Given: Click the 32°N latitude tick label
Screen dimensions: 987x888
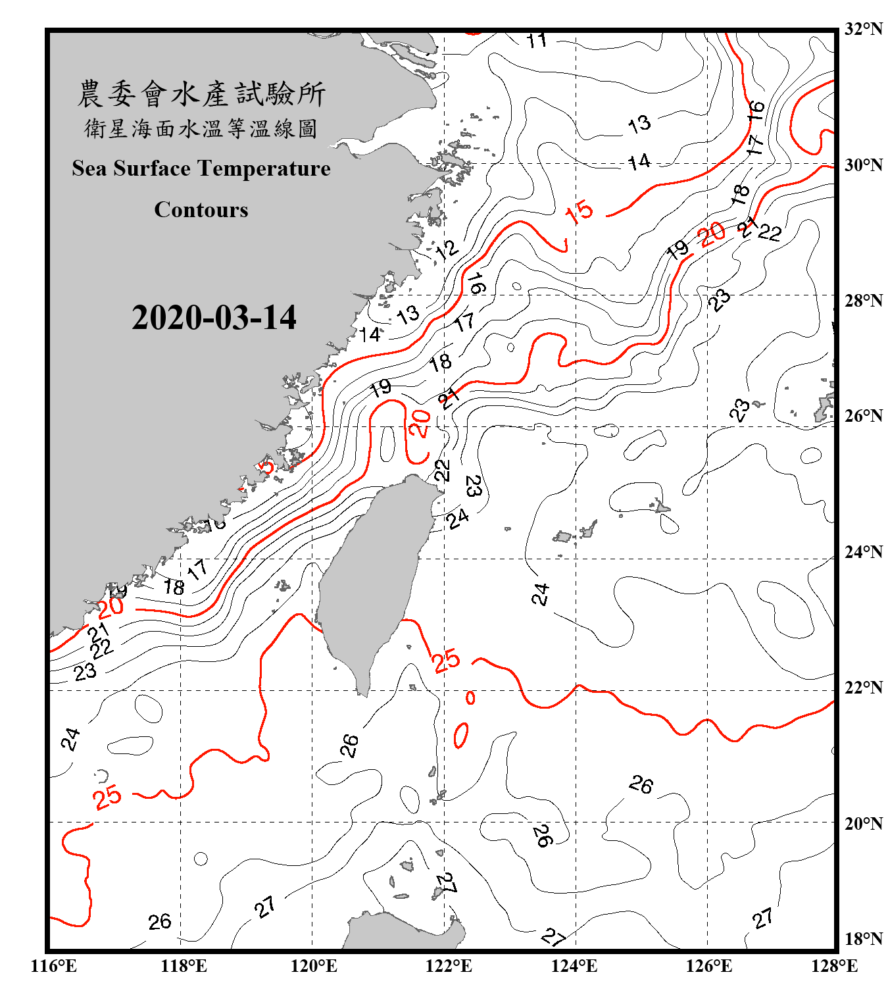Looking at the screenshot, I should coord(863,29).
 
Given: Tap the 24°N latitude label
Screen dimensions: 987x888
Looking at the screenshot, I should coord(863,552).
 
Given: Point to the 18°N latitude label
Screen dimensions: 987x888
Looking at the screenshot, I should coord(863,939).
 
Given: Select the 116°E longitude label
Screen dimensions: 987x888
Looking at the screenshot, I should coord(54,966).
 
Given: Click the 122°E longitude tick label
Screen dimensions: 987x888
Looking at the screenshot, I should coord(449,966).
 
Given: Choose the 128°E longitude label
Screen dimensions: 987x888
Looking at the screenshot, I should coord(834,966).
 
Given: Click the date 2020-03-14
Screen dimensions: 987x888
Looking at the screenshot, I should coord(214,318).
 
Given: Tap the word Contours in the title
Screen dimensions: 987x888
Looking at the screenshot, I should coord(201,210).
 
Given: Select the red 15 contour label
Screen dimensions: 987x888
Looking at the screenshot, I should coord(579,212).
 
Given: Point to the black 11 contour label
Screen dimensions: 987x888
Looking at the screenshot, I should coord(537,40).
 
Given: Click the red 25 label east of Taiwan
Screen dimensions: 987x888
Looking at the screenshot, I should coord(446,660).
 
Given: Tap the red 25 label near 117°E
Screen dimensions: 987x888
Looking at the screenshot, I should coord(107,797).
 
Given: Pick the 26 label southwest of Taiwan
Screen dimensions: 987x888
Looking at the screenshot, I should coord(349,746).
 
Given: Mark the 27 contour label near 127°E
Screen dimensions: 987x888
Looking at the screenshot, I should coord(763,918).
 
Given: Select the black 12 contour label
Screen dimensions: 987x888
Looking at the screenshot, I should coord(446,249).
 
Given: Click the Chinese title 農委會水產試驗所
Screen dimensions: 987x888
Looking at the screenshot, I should coord(201,94).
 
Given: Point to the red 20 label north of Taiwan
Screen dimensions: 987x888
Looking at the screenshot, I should coord(419,424).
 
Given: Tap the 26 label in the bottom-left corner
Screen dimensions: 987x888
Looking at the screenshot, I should coord(160,922).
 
